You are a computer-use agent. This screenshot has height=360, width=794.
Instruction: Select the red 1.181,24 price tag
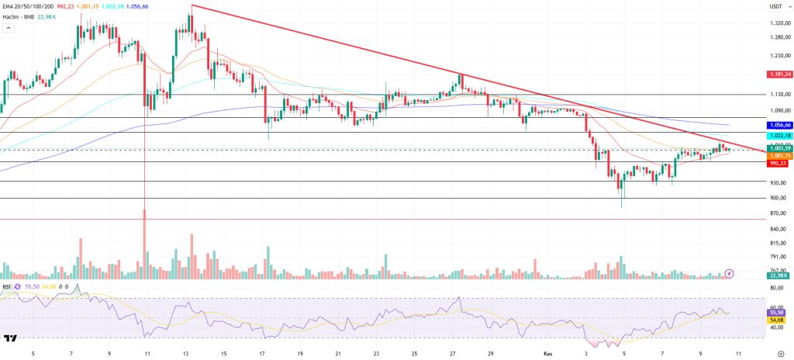pyautogui.click(x=778, y=74)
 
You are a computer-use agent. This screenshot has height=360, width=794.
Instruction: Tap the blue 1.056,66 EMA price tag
pyautogui.click(x=778, y=124)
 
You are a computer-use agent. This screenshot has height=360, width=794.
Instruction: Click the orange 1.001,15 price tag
pyautogui.click(x=778, y=156)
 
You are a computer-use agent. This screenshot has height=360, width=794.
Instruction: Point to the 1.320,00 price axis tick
pyautogui.click(x=778, y=22)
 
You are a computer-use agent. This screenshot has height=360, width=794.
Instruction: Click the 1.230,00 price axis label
pyautogui.click(x=778, y=56)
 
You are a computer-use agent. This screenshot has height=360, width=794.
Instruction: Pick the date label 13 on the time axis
pyautogui.click(x=186, y=353)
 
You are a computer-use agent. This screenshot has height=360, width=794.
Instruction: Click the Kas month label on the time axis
pyautogui.click(x=546, y=353)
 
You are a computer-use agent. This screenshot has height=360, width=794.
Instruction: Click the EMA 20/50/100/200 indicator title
pyautogui.click(x=32, y=6)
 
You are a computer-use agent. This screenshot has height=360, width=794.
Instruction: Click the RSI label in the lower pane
pyautogui.click(x=8, y=286)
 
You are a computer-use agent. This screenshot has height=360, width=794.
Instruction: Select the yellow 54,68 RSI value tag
pyautogui.click(x=778, y=319)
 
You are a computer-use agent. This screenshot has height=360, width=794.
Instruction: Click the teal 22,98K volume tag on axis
pyautogui.click(x=778, y=275)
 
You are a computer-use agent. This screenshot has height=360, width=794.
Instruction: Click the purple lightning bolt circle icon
pyautogui.click(x=729, y=274)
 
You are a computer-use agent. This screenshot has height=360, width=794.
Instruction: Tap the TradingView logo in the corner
pyautogui.click(x=11, y=339)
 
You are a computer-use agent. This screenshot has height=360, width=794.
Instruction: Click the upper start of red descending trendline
pyautogui.click(x=192, y=5)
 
